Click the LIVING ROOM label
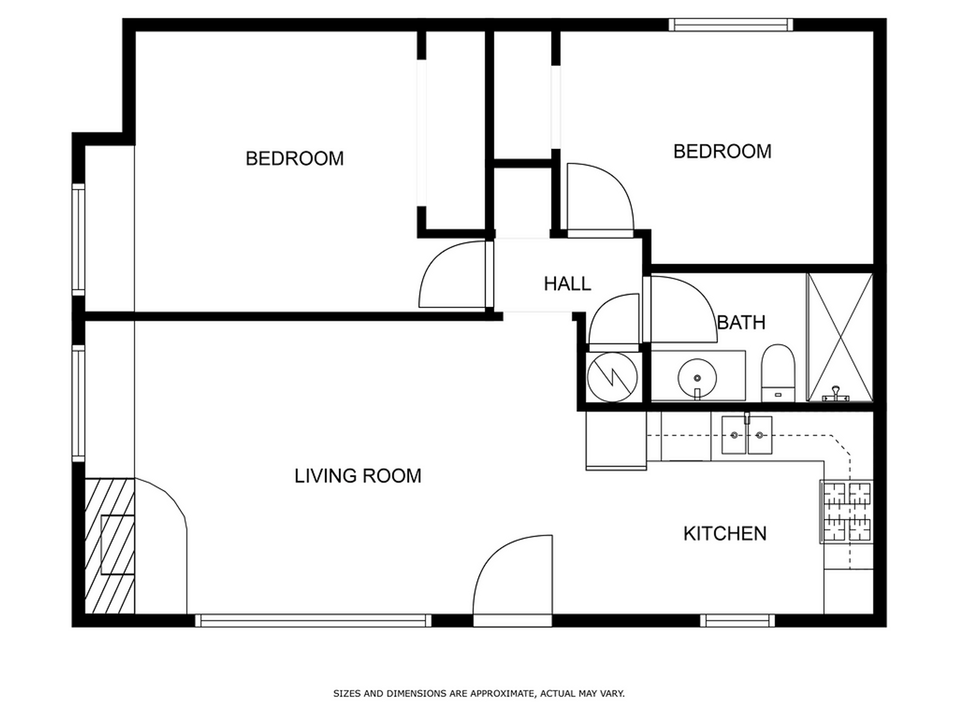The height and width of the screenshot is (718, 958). tap(358, 476)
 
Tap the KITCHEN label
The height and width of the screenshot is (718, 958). tap(724, 534)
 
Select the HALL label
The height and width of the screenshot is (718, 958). tap(567, 284)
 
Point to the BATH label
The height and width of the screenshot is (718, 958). tap(741, 323)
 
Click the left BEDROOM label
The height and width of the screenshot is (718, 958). tap(294, 159)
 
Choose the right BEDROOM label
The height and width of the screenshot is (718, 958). tap(722, 151)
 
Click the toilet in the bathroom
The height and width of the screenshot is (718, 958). tap(777, 372)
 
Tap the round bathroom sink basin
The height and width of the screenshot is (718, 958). tap(697, 378)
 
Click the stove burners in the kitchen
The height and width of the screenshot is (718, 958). tap(846, 512)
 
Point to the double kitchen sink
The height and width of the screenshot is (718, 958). tap(746, 435)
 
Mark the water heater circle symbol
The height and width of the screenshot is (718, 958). tap(612, 377)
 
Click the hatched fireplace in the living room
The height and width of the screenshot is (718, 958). tap(109, 545)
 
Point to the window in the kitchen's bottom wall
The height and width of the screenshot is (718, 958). tap(737, 621)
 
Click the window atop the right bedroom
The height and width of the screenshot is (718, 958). tap(730, 24)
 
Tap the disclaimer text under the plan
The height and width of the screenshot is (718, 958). tap(479, 693)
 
